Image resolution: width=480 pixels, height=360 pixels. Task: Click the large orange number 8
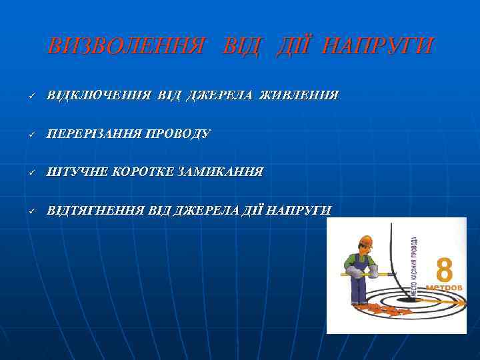444,270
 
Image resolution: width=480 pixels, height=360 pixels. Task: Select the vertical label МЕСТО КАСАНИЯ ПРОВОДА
414,267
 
